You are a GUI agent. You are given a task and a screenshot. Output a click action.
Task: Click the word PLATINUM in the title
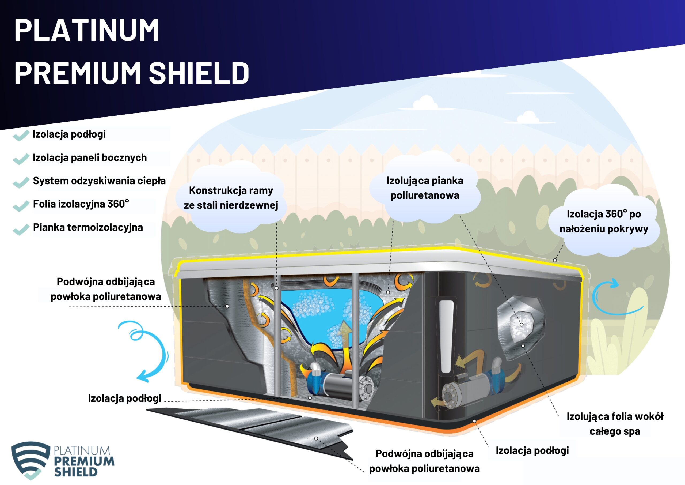point(86,30)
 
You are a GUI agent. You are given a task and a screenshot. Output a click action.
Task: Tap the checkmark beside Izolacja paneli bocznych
point(21,159)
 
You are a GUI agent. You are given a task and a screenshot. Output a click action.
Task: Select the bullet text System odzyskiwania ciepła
point(99,181)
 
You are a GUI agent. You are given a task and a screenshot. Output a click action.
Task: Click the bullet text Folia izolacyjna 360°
point(81,204)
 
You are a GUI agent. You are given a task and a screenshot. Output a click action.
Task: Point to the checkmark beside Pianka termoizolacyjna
point(21,229)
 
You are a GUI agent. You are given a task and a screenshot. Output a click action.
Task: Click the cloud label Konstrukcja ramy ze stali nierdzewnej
point(231,198)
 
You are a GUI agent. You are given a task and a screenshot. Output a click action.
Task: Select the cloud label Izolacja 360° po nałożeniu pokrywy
point(604,221)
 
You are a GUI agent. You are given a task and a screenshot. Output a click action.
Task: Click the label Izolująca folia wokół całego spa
point(615,423)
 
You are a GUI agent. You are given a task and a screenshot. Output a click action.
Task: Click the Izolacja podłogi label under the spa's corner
point(532,450)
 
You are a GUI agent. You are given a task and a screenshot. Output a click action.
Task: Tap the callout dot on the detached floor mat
point(316,439)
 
